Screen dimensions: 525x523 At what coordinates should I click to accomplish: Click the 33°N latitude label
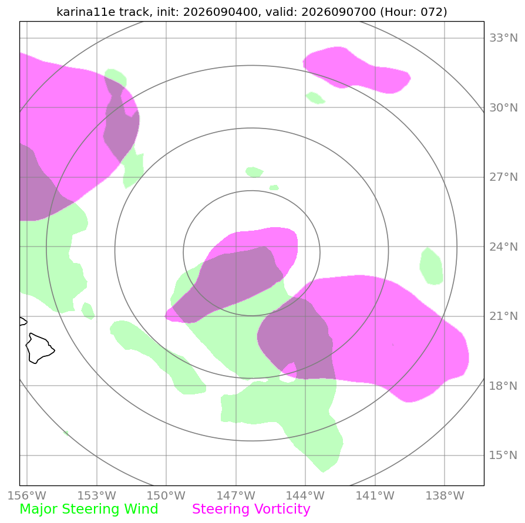click(x=503, y=38)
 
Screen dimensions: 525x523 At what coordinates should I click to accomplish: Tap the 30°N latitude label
click(x=503, y=108)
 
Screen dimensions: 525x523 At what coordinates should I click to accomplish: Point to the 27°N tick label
click(x=503, y=177)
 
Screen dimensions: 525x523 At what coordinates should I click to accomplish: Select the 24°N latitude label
click(x=503, y=247)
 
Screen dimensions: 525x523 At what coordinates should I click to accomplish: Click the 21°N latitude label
click(x=503, y=316)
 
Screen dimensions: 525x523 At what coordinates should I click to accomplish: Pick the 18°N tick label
click(x=503, y=386)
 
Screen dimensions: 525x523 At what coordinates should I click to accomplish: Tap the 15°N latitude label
click(x=503, y=455)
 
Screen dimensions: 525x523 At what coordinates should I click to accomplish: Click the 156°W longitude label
click(x=27, y=495)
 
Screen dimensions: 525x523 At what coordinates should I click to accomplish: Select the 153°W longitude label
click(x=97, y=495)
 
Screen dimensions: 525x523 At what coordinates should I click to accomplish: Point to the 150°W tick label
click(x=166, y=495)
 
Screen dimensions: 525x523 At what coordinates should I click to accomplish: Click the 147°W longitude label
click(x=236, y=495)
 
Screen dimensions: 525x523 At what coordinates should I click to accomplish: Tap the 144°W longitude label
click(x=305, y=495)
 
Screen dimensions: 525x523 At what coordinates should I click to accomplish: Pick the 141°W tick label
click(x=375, y=495)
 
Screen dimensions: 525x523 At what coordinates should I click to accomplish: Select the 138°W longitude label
click(x=445, y=495)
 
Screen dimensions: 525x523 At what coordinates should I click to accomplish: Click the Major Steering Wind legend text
click(x=89, y=509)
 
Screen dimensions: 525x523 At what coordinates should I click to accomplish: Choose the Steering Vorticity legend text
click(x=251, y=509)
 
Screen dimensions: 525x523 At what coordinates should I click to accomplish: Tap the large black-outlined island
click(x=39, y=348)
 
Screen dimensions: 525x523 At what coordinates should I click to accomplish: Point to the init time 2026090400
click(x=221, y=12)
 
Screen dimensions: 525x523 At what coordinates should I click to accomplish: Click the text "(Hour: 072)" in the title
click(x=413, y=12)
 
